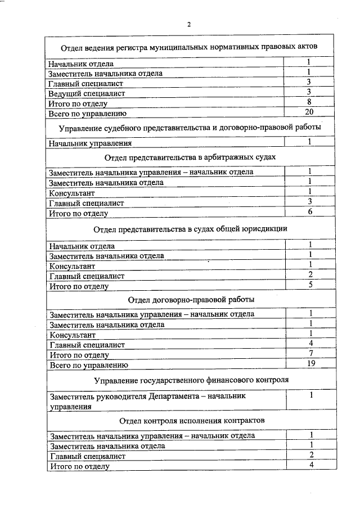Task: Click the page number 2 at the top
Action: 189,24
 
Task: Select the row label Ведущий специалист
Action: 87,93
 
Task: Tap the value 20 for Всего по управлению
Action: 309,112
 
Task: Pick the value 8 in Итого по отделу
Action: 309,102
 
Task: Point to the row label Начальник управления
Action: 90,144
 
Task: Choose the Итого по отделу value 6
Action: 310,211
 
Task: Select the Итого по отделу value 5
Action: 310,285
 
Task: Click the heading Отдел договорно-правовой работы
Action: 191,299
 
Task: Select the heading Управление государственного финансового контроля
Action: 191,380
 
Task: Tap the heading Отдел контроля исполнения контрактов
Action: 191,421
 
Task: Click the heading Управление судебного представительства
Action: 190,128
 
